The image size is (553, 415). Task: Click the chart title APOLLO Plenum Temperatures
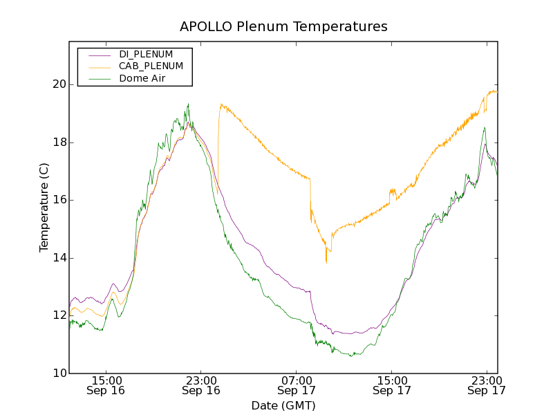(283, 27)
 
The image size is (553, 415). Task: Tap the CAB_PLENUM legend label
(151, 66)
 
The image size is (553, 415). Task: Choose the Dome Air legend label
(143, 79)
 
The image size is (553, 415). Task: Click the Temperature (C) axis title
(44, 207)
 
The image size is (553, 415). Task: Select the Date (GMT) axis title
(283, 405)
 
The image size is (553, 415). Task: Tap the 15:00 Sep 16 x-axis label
(106, 385)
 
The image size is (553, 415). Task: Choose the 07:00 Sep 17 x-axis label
(296, 385)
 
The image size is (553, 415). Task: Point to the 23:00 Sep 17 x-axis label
(486, 385)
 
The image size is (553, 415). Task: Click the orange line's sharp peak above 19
(221, 104)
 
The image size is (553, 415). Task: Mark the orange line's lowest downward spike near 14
(326, 263)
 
